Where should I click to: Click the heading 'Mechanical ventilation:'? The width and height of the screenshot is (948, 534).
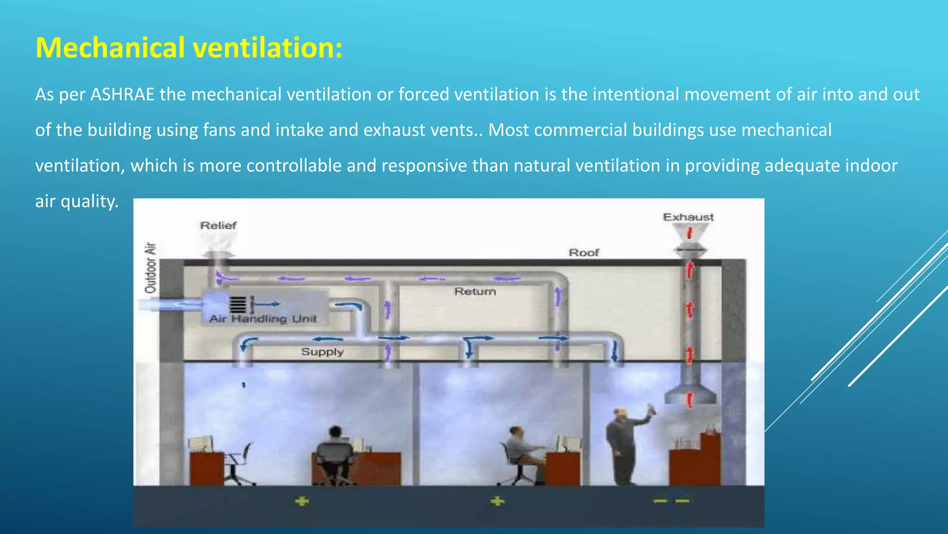189,48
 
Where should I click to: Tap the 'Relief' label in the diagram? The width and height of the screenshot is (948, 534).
218,226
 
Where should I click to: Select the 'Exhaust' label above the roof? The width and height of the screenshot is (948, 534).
688,217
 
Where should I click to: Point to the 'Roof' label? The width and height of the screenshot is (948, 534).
584,253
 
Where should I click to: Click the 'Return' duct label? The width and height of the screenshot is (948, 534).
475,292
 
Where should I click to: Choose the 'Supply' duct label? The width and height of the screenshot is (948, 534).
322,352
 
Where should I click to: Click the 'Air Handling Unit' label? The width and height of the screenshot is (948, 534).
263,319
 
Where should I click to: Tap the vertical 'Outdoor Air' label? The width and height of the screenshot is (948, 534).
151,268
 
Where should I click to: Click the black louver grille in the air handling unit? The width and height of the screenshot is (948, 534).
237,305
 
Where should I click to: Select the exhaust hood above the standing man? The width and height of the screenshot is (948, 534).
690,394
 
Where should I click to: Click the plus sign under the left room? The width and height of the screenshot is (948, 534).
302,501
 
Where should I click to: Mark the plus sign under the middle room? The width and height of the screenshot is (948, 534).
497,501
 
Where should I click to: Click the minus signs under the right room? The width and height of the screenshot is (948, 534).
671,501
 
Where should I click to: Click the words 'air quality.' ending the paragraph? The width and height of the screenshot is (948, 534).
77,201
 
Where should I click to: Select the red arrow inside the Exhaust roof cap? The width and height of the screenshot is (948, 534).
689,232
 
